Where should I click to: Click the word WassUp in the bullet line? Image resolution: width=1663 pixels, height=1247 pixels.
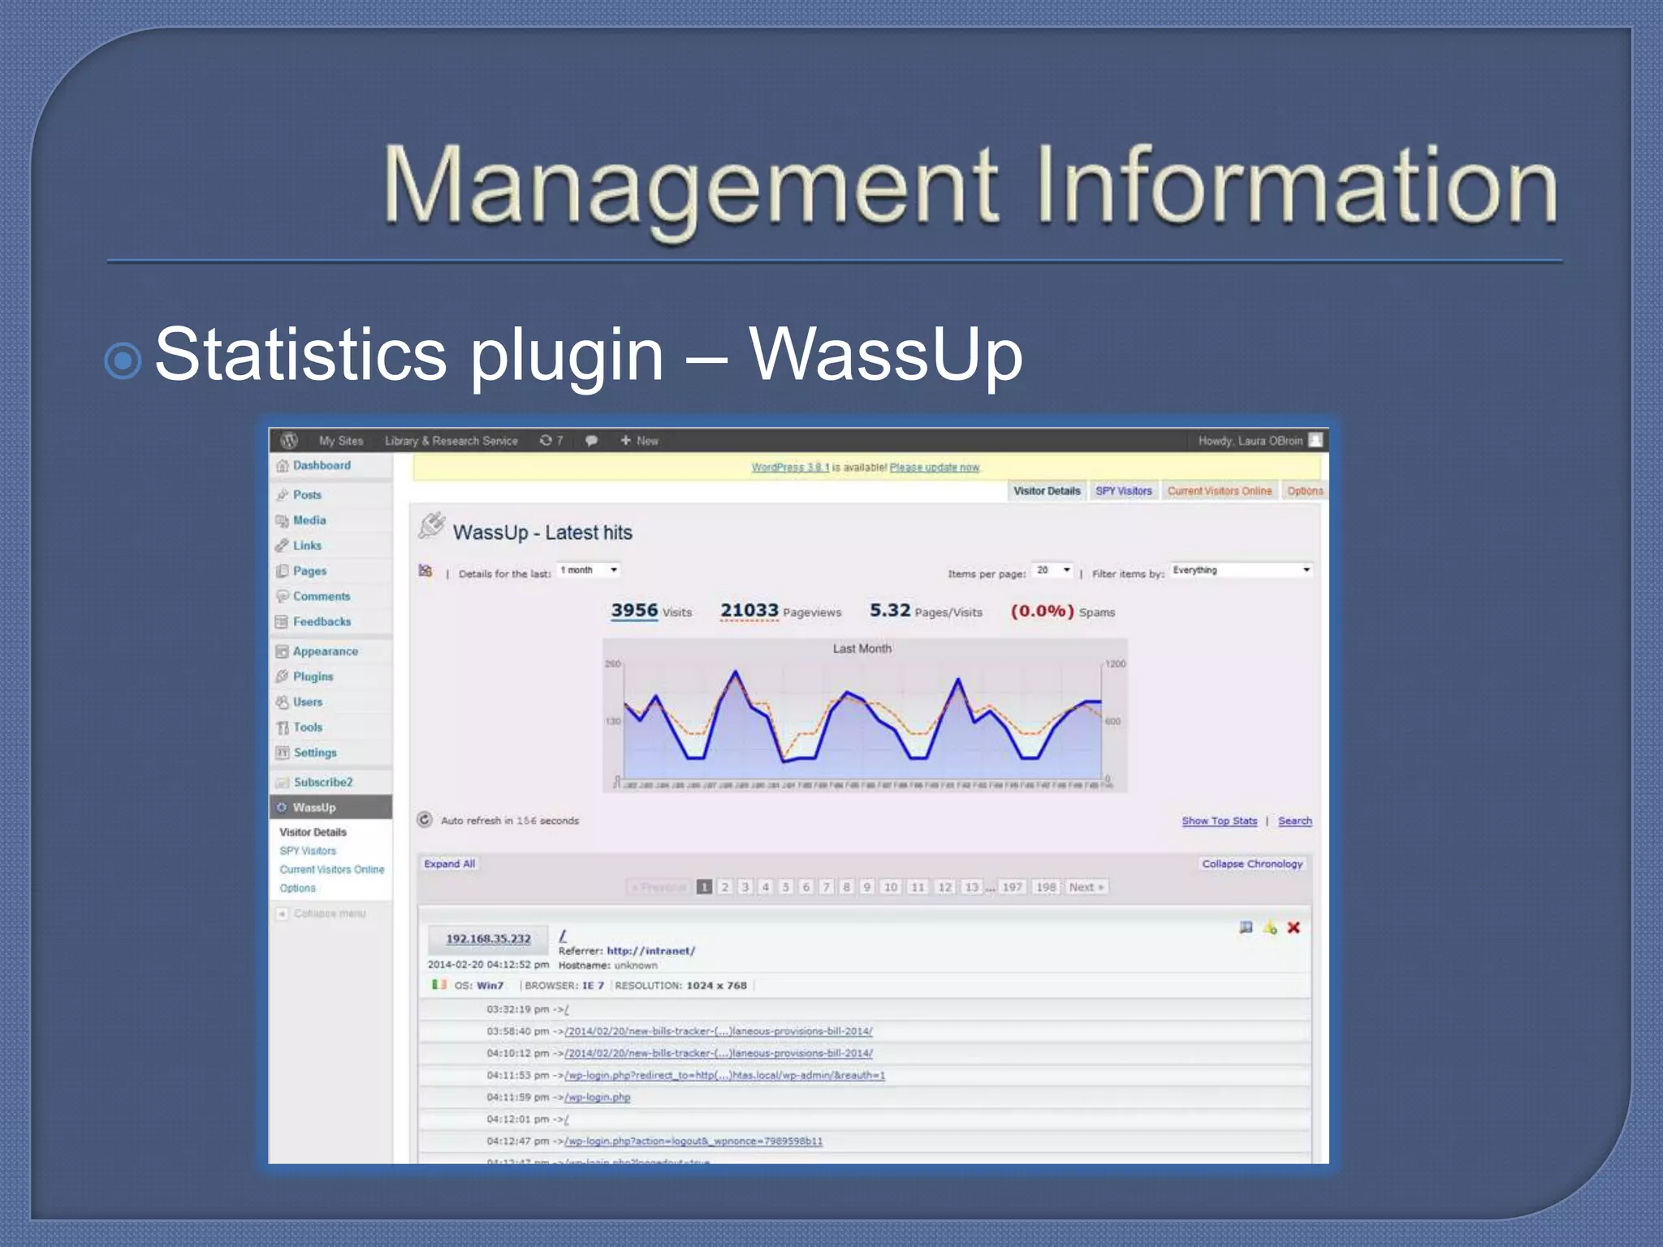click(885, 356)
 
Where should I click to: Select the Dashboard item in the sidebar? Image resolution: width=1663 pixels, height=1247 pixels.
click(322, 465)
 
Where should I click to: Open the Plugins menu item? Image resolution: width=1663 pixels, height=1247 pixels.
click(313, 676)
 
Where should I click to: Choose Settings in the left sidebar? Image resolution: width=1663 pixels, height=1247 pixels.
click(314, 753)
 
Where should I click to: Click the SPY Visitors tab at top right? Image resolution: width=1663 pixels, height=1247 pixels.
click(1123, 491)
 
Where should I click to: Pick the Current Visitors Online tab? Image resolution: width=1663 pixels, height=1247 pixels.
click(1219, 491)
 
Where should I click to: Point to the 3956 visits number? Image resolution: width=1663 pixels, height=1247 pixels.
click(634, 611)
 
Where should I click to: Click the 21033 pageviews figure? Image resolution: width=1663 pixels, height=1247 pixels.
click(749, 611)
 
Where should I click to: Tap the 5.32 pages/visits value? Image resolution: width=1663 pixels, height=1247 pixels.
click(890, 611)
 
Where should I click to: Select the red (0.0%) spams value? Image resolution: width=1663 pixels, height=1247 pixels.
click(1042, 611)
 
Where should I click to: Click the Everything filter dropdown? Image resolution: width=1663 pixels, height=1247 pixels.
click(1241, 570)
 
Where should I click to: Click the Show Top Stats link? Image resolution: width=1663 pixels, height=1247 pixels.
click(1219, 821)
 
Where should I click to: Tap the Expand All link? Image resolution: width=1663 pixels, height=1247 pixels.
click(449, 864)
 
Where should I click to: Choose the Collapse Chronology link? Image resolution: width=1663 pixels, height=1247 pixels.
click(1251, 864)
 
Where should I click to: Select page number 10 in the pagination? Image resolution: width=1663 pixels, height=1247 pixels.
click(890, 887)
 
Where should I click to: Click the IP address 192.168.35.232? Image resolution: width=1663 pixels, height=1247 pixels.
click(488, 938)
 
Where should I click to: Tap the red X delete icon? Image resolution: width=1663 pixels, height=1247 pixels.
click(1294, 928)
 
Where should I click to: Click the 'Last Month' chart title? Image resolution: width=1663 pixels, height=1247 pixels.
click(862, 649)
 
